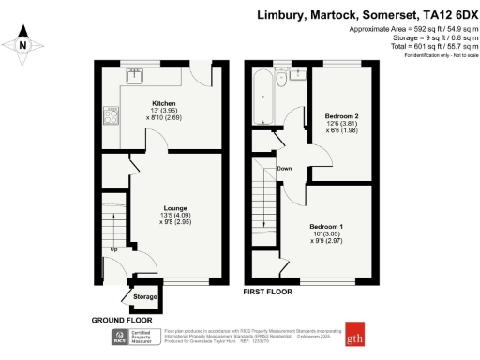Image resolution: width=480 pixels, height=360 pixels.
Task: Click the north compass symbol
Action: pyautogui.click(x=23, y=44)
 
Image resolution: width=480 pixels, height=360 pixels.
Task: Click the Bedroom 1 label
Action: pyautogui.click(x=327, y=226)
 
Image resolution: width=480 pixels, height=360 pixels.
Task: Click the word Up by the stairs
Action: pyautogui.click(x=114, y=250)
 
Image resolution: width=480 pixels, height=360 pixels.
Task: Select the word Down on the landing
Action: pyautogui.click(x=285, y=169)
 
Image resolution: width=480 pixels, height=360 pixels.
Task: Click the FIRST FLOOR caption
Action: pyautogui.click(x=267, y=292)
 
